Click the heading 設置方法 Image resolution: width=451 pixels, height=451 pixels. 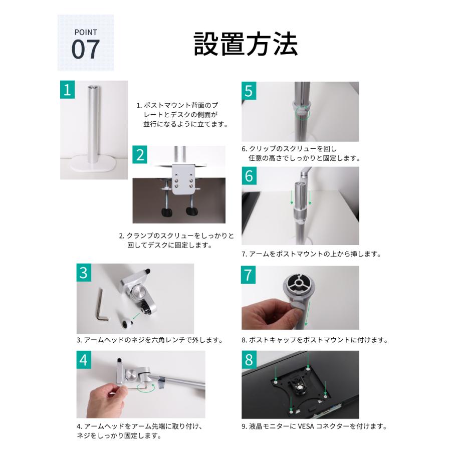tap(246, 45)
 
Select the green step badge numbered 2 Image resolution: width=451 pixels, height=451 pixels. tap(141, 155)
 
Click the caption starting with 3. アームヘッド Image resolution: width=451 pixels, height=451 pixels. tap(149, 340)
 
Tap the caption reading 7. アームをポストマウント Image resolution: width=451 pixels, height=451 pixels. tap(311, 254)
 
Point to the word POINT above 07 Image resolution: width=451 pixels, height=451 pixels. tap(85, 32)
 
